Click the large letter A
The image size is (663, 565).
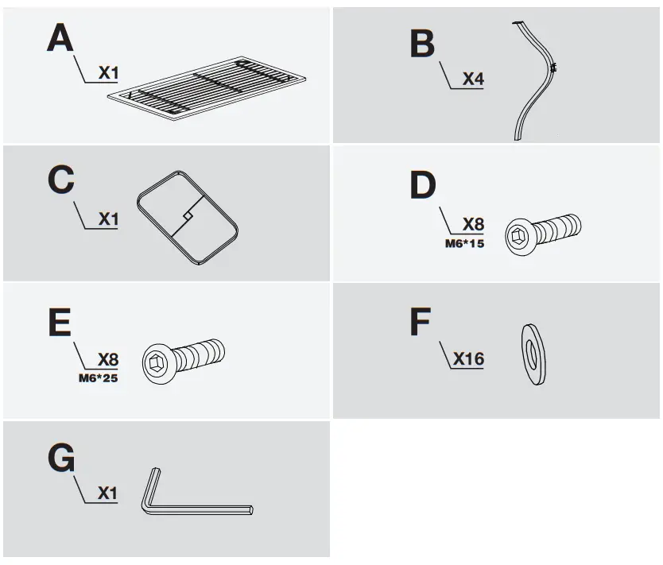point(60,38)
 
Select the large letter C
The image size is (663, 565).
point(60,180)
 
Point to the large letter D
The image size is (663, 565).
point(423,185)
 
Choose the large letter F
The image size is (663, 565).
point(421,323)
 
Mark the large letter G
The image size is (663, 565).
point(61,459)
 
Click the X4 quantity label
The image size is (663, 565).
point(473,79)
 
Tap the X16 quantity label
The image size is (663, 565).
point(468,359)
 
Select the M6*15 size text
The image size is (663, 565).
point(464,243)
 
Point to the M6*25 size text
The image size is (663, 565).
point(99,378)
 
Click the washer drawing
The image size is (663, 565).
point(534,354)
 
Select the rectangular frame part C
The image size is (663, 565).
point(188,216)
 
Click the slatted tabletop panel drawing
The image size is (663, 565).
point(208,84)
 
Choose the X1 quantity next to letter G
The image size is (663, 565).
point(107,493)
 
